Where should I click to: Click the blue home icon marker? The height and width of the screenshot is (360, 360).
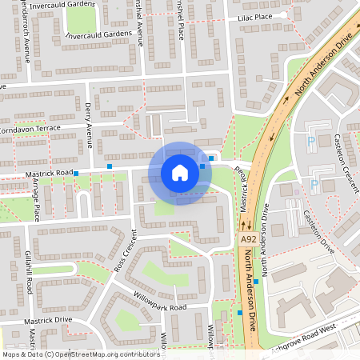click(x=180, y=173)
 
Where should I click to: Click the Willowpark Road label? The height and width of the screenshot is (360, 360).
click(x=160, y=307)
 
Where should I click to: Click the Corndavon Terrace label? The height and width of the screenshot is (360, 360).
click(x=30, y=128)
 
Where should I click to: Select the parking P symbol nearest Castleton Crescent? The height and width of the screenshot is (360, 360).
click(x=311, y=142)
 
